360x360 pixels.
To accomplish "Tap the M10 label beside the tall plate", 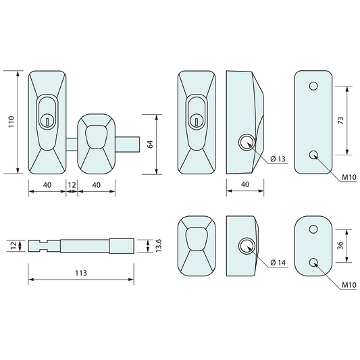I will coord(349,177).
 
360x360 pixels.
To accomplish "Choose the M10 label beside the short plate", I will coord(349,284).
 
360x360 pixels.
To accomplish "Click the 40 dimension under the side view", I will coord(244,184).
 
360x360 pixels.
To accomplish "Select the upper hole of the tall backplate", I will coord(313,86).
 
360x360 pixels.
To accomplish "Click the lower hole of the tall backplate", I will coord(313,155).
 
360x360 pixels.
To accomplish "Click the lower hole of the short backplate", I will coord(313,261).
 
